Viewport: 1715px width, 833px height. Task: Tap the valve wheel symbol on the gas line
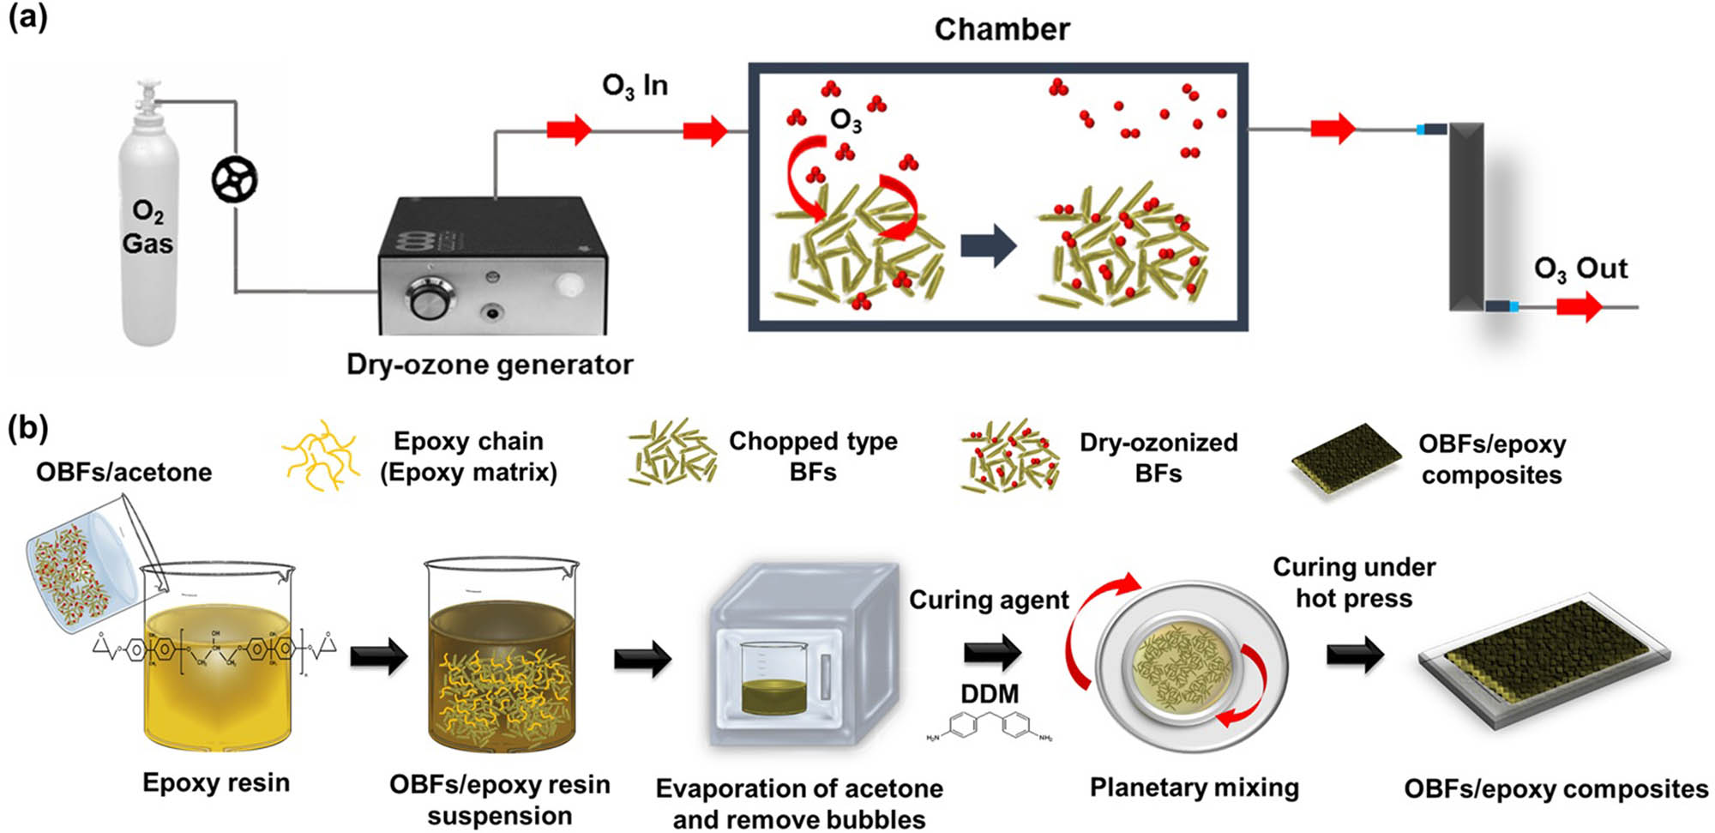234,180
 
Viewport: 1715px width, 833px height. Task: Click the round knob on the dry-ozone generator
426,299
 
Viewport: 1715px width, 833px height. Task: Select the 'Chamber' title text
1002,29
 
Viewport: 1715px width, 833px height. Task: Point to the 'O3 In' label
635,86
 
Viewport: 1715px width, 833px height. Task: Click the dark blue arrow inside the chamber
988,245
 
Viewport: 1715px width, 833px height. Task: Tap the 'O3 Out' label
1580,269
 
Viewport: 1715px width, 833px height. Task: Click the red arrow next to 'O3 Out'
1579,306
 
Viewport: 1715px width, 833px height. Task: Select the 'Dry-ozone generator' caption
490,365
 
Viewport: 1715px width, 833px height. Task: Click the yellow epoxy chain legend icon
321,455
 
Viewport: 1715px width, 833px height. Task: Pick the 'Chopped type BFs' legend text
813,456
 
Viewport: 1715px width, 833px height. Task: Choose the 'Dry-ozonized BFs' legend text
1158,457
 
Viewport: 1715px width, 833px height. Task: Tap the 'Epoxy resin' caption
216,782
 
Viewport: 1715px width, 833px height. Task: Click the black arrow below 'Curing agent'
992,653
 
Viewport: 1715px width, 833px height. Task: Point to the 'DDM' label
990,693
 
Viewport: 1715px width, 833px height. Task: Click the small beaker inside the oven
772,678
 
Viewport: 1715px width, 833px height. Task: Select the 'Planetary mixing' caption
1194,787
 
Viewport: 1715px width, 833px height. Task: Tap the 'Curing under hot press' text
1354,582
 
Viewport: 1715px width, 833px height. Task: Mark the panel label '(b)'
27,426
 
